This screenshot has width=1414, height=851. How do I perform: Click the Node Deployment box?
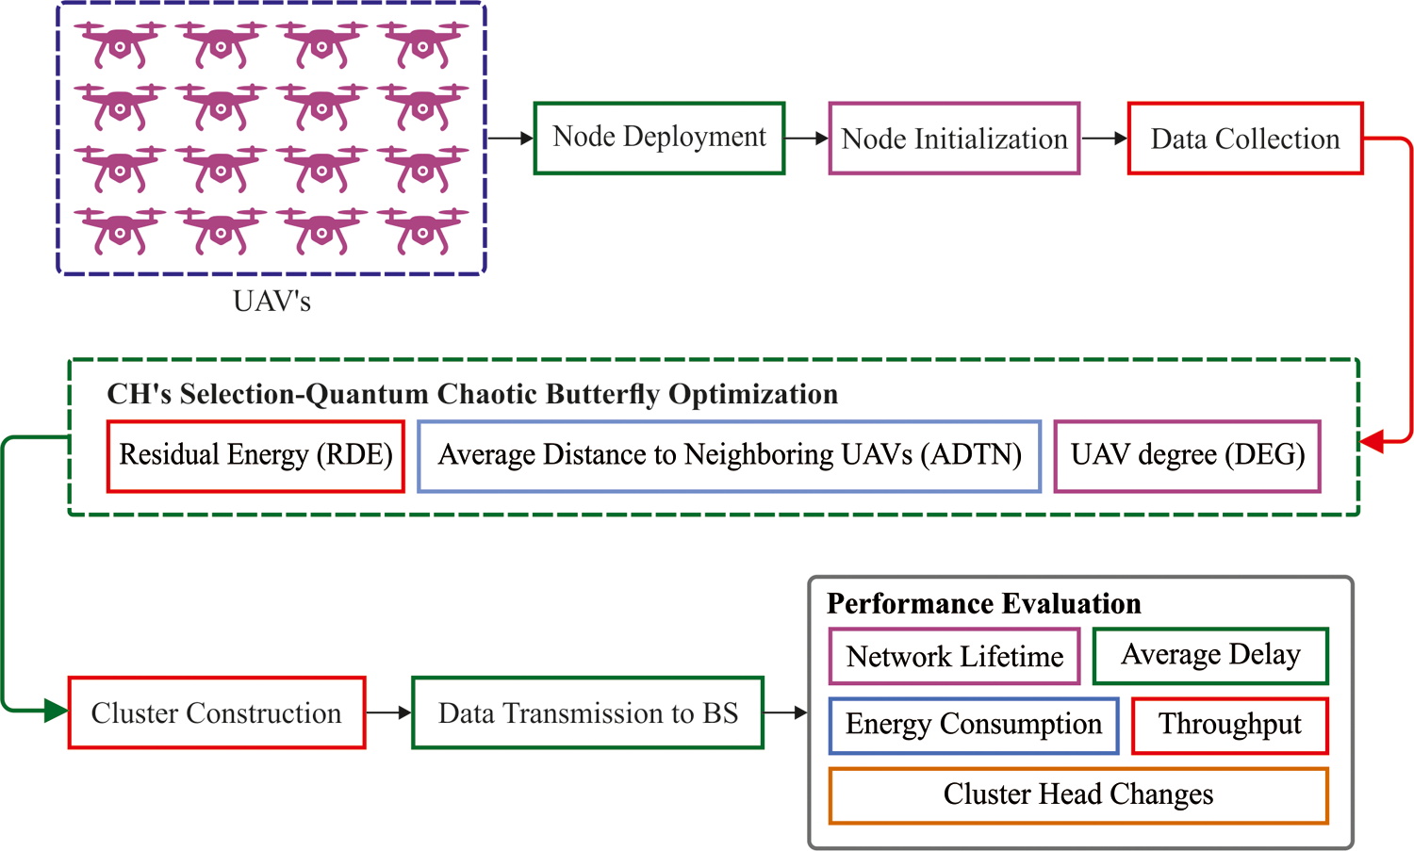coord(659,139)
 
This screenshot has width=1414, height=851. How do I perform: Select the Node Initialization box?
coord(954,139)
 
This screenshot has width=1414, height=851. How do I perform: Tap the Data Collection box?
coord(1245,139)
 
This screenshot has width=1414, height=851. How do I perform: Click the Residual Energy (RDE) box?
coord(255,456)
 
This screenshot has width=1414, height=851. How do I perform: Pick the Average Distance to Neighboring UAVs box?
coord(729,456)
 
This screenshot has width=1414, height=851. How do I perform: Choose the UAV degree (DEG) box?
coord(1187,456)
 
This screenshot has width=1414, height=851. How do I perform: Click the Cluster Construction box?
coord(217,713)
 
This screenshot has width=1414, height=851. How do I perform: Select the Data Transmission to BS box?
coord(587,713)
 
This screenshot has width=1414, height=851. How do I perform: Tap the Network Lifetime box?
coord(954,656)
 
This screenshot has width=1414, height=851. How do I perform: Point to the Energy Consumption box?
coord(974,725)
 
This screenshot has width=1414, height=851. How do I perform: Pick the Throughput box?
coord(1229,725)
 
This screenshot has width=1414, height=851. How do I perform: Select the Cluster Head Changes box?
coord(1078,795)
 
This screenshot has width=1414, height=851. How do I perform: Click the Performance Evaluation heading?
coord(984,603)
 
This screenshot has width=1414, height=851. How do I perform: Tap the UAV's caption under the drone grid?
coord(271,302)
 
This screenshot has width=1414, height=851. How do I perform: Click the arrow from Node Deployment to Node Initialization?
coord(806,139)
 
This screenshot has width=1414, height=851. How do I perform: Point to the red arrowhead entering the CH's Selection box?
coord(1373,440)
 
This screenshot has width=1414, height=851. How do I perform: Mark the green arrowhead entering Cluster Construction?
coord(57,710)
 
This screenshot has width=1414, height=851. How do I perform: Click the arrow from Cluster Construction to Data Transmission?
coord(388,713)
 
